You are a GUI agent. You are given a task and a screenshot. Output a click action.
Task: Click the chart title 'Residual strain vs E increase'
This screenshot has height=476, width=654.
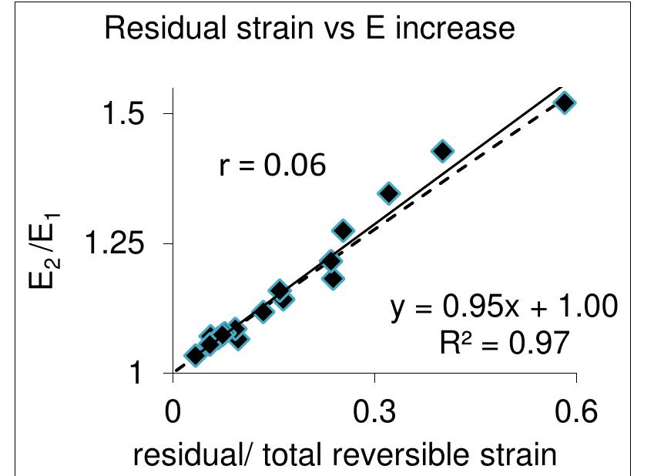309,29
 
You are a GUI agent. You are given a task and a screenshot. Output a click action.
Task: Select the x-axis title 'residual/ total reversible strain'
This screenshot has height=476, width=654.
344,454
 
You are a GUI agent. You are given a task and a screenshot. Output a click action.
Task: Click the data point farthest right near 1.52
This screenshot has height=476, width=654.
565,103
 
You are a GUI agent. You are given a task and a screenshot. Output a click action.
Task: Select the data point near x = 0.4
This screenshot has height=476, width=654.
442,151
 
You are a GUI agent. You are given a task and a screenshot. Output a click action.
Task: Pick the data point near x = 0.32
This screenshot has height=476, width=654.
389,193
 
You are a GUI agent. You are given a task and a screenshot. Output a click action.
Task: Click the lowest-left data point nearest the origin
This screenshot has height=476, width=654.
195,355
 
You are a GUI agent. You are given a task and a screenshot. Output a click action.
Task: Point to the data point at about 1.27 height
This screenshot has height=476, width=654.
343,230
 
